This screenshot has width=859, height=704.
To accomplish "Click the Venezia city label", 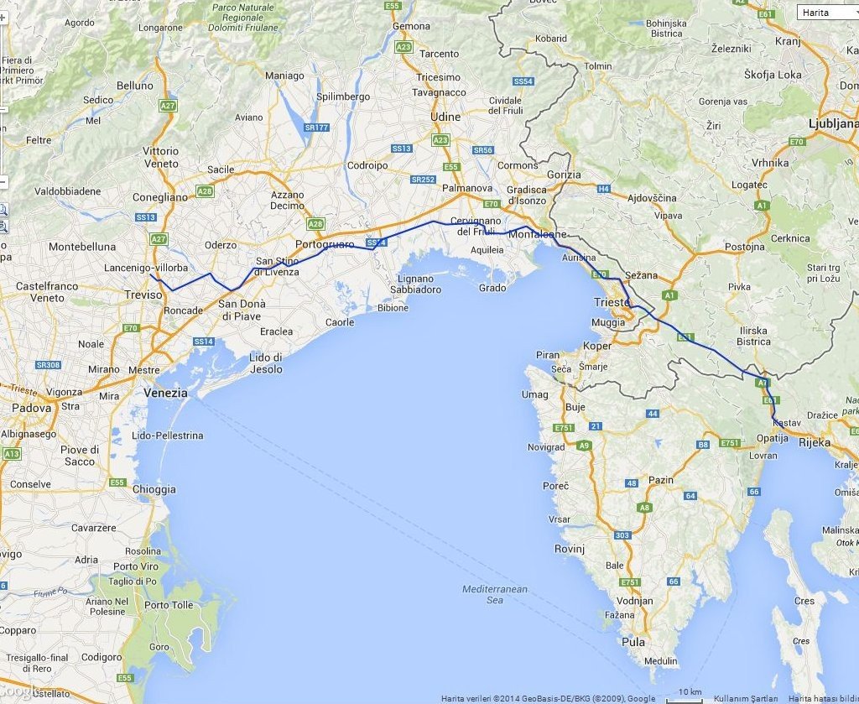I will pos(164,392).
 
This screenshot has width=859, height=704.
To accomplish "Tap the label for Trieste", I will pos(611,302).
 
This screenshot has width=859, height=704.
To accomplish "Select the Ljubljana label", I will pos(832,123).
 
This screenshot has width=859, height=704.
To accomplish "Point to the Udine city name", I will pos(445,117).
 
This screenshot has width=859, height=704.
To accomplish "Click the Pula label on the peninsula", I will pos(634,642).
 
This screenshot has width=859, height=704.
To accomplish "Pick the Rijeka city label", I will pos(814,442).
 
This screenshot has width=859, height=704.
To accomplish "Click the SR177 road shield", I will pos(315,128).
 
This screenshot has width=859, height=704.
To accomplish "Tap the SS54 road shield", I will pos(523,81).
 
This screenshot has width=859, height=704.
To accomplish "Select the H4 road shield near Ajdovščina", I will pos(603,190).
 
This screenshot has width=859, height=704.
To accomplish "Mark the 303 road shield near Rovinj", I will pos(622,535).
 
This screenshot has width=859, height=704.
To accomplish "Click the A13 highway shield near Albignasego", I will pos(12,453).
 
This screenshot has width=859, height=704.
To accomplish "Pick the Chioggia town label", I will pos(154,489).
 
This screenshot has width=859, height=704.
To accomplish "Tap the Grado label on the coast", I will pos(492,288).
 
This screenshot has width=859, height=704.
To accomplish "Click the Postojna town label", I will pos(745,247).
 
